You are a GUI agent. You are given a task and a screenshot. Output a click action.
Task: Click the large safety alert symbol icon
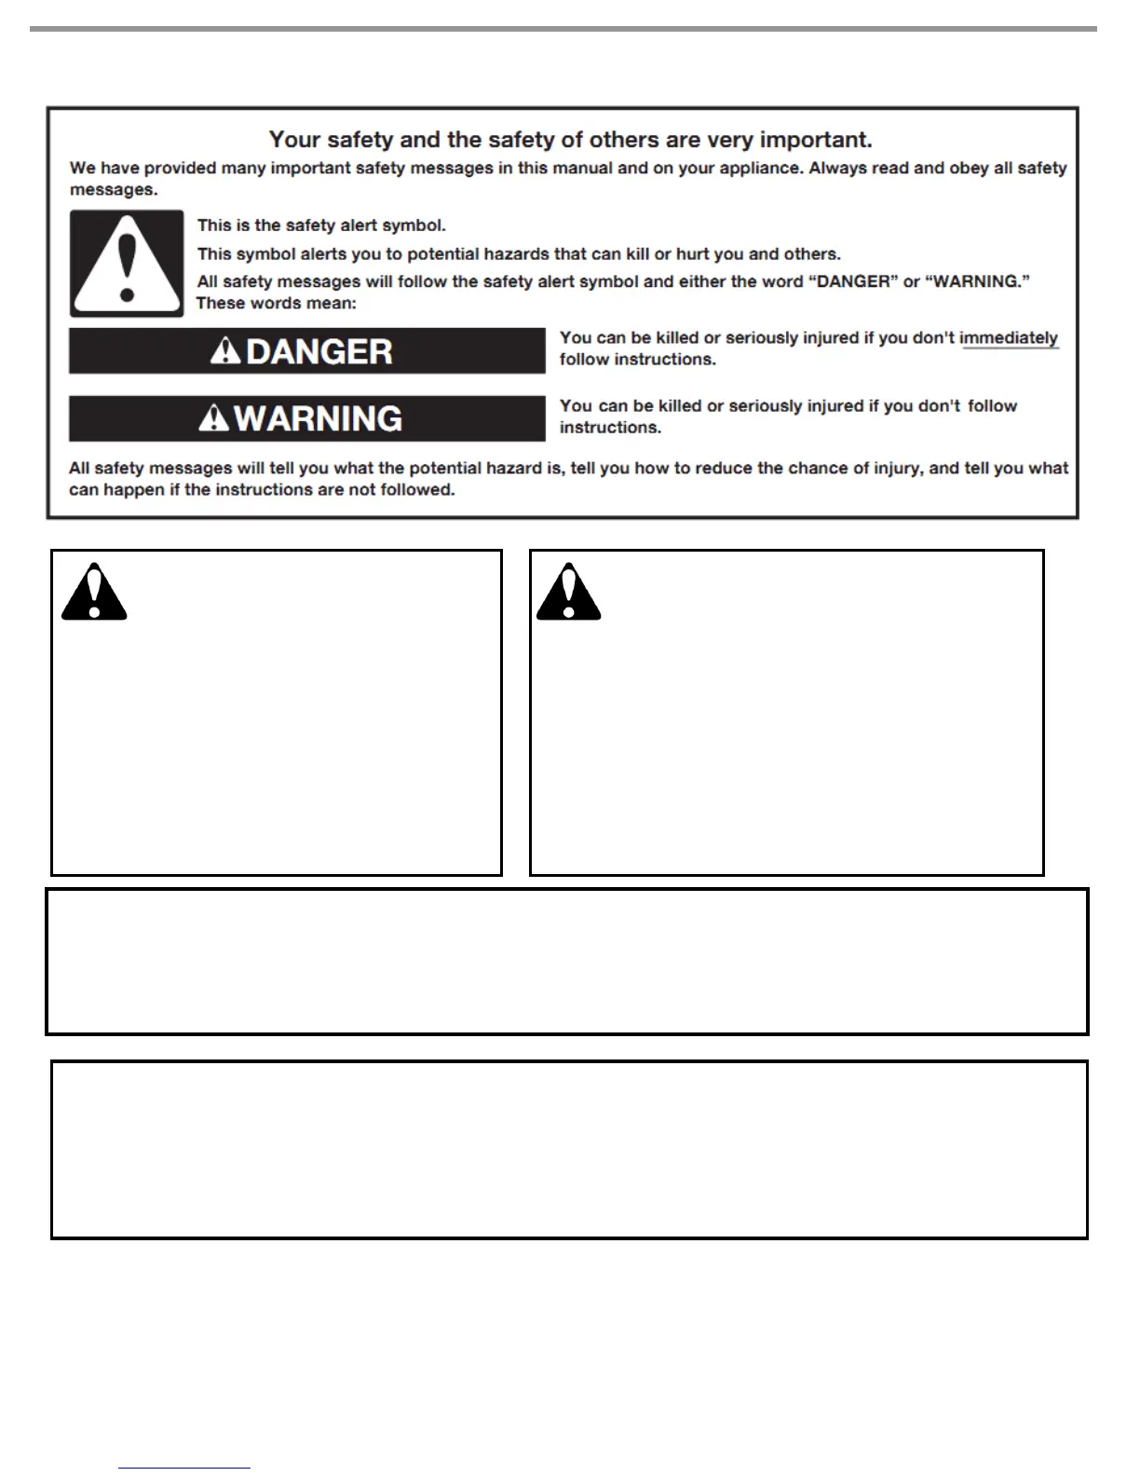(127, 264)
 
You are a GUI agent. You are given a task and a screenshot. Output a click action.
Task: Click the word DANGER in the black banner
(319, 351)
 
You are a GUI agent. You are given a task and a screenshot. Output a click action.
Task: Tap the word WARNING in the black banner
(318, 418)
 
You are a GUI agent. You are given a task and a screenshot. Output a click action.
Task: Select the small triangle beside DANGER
(225, 351)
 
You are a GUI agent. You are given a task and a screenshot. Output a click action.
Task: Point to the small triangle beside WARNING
(214, 418)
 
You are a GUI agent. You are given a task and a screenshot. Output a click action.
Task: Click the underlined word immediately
(1009, 337)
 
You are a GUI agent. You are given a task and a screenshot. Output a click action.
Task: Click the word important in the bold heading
(816, 140)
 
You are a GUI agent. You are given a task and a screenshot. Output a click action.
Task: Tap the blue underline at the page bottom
(184, 1468)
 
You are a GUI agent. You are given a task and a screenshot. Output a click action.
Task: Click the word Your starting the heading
(294, 140)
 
